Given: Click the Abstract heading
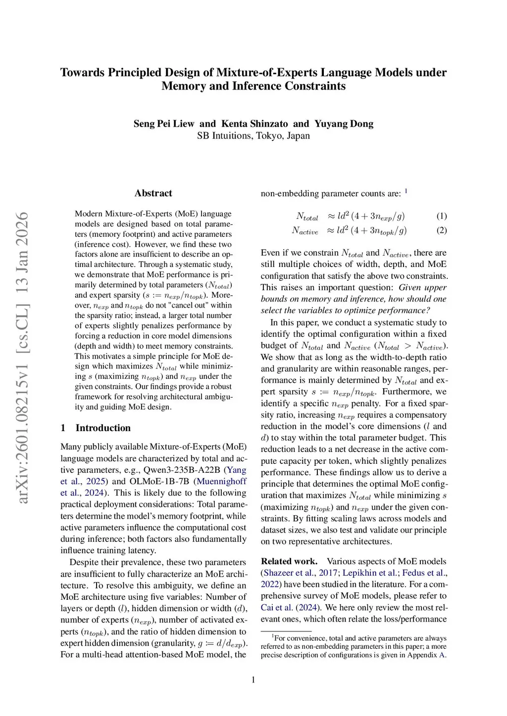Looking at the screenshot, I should [153, 193].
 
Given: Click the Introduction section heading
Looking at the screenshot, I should [103, 428].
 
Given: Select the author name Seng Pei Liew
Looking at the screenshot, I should [164, 124].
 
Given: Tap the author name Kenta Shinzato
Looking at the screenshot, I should [254, 124].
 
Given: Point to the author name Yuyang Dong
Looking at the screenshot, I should [344, 124].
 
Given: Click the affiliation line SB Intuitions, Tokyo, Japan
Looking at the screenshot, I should [253, 136].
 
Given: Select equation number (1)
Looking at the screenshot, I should [442, 216].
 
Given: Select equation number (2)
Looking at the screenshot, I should [442, 230].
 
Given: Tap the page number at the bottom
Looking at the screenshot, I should [253, 680].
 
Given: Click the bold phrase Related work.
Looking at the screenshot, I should [289, 561].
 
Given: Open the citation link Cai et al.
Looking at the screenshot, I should [277, 608].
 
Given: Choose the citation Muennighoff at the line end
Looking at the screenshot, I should [221, 481].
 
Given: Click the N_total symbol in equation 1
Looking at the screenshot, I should [307, 217].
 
